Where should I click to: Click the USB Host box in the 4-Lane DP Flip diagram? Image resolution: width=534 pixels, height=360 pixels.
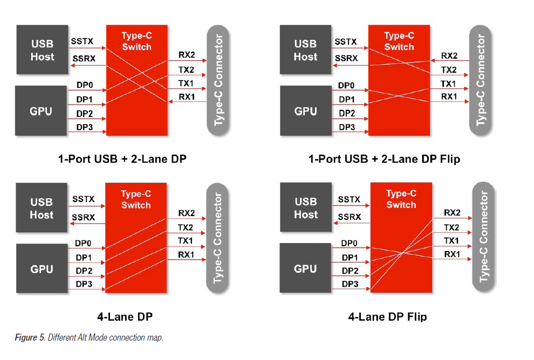pyautogui.click(x=306, y=208)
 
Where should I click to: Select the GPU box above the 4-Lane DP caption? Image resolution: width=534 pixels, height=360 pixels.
pyautogui.click(x=42, y=269)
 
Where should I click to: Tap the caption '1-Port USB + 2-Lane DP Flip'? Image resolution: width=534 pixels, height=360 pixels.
pyautogui.click(x=384, y=159)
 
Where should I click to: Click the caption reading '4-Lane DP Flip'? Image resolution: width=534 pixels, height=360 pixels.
pyautogui.click(x=387, y=316)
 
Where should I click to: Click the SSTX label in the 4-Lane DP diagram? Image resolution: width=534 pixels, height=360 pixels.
pyautogui.click(x=84, y=199)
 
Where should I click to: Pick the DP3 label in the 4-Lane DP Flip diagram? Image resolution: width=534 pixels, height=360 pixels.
pyautogui.click(x=350, y=283)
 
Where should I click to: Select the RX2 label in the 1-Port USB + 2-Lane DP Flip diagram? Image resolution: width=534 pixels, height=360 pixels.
pyautogui.click(x=449, y=56)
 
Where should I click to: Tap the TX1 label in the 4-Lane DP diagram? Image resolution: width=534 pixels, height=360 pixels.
pyautogui.click(x=186, y=240)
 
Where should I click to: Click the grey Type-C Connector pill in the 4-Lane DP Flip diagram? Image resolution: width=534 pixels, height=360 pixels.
pyautogui.click(x=484, y=233)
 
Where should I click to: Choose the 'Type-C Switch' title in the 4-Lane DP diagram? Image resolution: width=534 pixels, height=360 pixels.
pyautogui.click(x=136, y=199)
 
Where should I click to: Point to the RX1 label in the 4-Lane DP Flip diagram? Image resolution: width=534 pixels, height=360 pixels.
pyautogui.click(x=451, y=254)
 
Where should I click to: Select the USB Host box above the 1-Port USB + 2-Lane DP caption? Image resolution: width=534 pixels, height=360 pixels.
pyautogui.click(x=42, y=50)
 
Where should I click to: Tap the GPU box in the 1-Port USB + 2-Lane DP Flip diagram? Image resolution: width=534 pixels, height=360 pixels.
pyautogui.click(x=305, y=112)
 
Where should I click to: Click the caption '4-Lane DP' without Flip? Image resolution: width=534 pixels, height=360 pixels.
pyautogui.click(x=128, y=316)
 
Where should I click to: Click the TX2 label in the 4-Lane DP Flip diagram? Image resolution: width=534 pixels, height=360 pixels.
pyautogui.click(x=451, y=227)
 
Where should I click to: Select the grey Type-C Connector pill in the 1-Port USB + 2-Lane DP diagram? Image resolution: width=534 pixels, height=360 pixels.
pyautogui.click(x=218, y=79)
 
